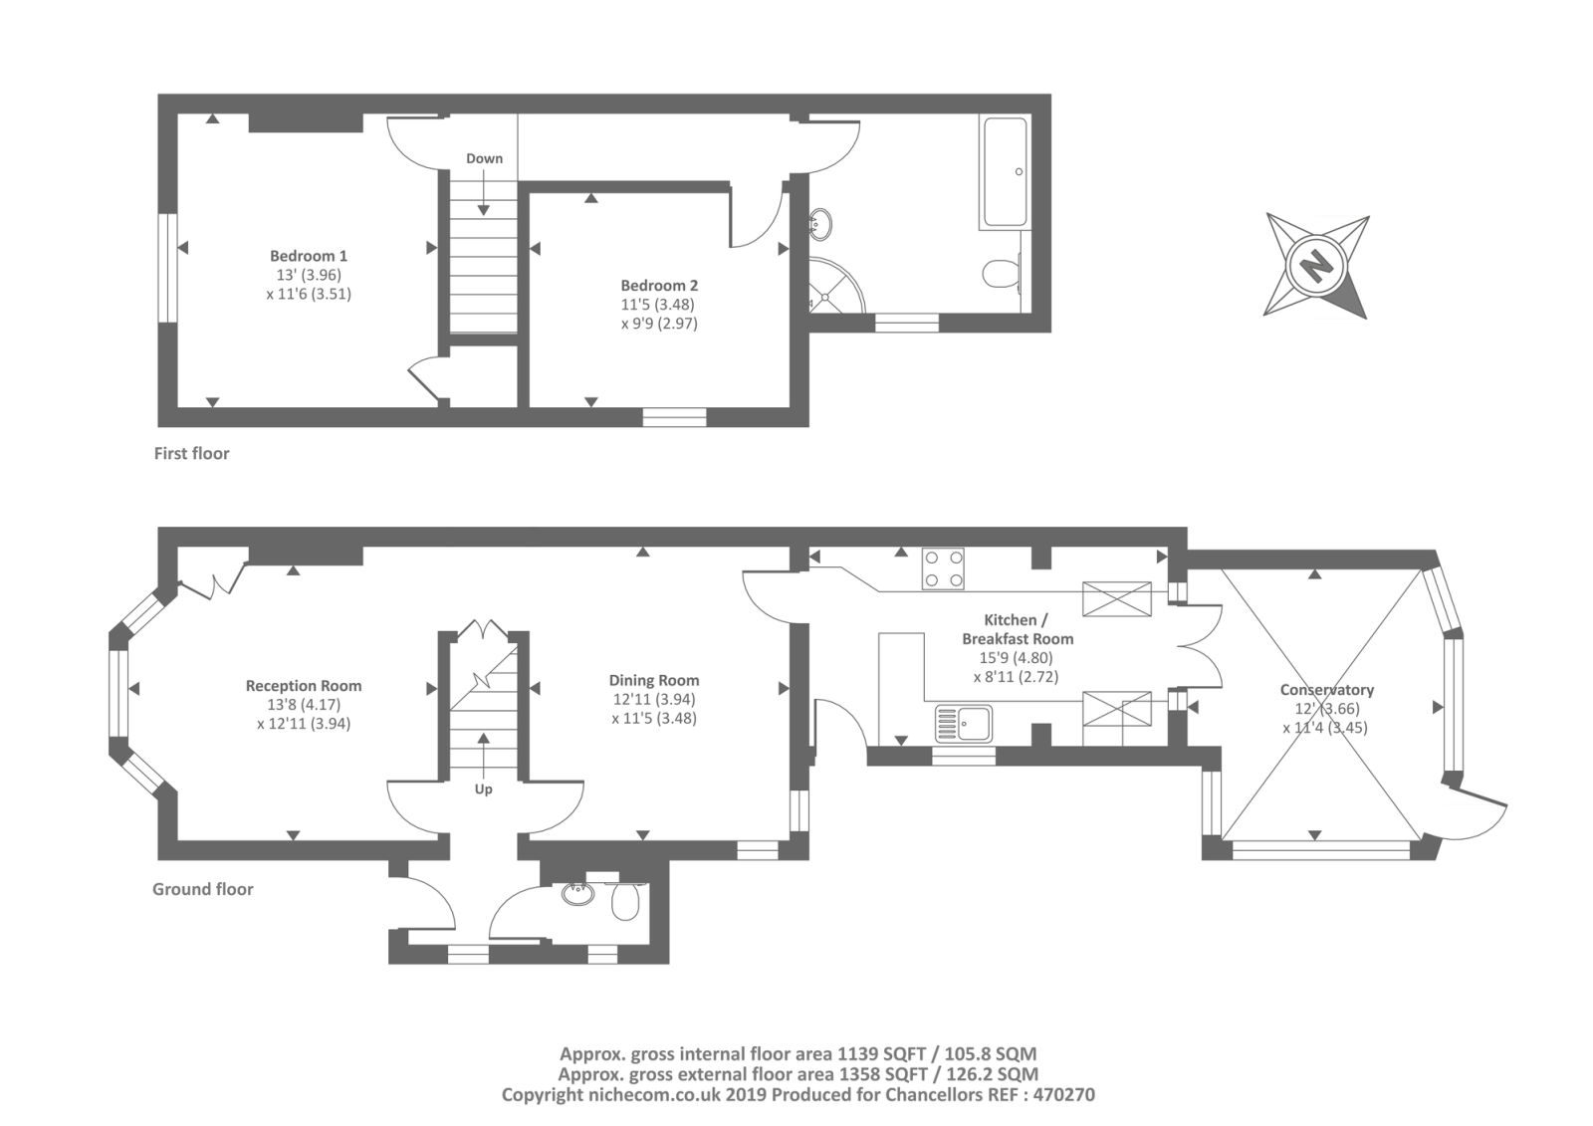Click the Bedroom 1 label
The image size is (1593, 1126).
point(308,256)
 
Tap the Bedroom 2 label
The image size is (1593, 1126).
point(659,286)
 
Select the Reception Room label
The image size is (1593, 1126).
point(304,686)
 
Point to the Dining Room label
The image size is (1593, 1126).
point(654,681)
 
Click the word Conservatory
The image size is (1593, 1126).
point(1327,690)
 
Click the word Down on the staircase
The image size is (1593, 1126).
point(484,158)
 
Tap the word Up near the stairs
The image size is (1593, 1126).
point(484,788)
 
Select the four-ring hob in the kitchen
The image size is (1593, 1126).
point(943,568)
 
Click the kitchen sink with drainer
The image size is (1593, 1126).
point(964,724)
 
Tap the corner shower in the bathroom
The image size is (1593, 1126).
point(835,286)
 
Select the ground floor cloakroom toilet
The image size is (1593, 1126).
point(626,902)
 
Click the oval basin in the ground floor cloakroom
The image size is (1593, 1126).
point(578,893)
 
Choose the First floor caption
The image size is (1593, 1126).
point(191,454)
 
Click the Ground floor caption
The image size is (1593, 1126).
point(203,889)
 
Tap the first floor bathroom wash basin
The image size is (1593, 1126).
point(821,223)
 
